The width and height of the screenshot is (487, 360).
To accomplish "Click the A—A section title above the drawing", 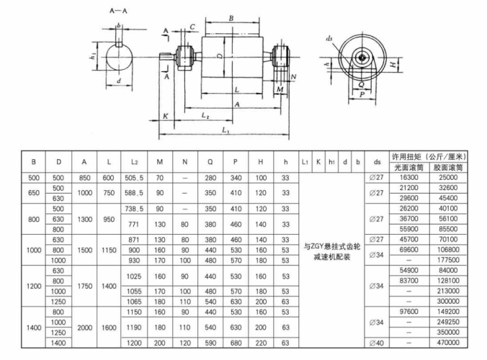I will pyautogui.click(x=118, y=11).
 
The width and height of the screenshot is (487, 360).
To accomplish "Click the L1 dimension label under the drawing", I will pyautogui.click(x=225, y=131).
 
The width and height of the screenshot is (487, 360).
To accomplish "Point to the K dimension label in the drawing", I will pyautogui.click(x=165, y=116).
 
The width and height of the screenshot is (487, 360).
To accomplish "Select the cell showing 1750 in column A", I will pyautogui.click(x=85, y=286).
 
